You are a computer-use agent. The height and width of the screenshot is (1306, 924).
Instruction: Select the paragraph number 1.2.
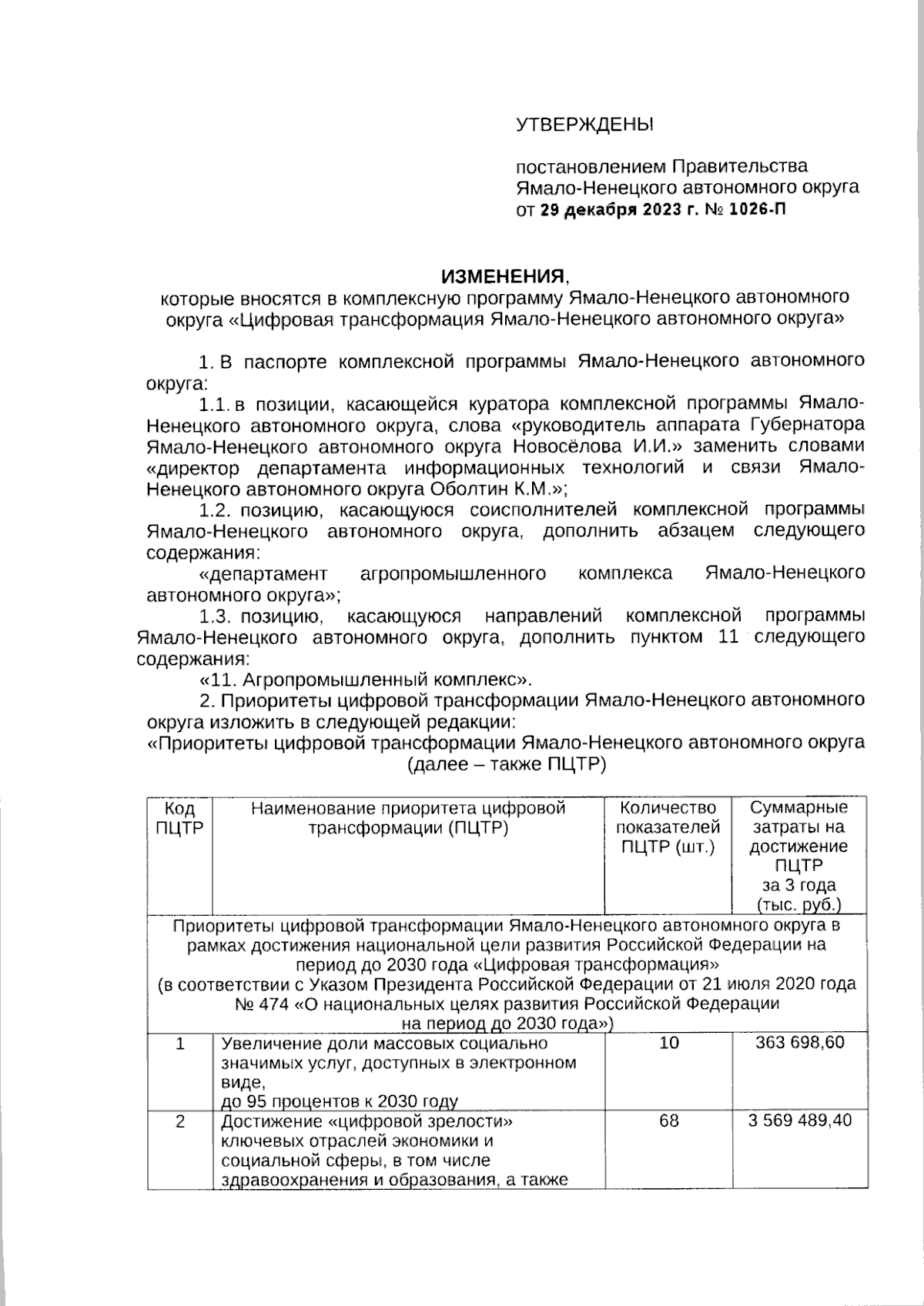coord(216,509)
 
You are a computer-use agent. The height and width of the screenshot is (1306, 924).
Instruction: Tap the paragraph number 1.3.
coord(216,616)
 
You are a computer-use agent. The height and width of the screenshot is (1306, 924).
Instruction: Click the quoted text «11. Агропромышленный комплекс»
coord(366,680)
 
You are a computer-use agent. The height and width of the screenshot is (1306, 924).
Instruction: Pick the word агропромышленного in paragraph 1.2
coord(453,573)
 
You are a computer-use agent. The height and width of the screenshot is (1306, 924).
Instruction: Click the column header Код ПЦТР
coord(179,818)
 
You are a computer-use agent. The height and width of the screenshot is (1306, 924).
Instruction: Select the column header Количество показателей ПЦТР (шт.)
coord(668,827)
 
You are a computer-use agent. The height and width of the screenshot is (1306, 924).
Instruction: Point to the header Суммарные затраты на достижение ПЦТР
coord(798,837)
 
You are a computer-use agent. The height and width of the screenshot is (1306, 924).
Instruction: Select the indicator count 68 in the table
coord(668,1121)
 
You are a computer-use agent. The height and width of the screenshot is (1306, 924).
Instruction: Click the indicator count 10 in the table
coord(668,1043)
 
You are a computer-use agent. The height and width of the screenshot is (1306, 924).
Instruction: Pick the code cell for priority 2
coord(179,1121)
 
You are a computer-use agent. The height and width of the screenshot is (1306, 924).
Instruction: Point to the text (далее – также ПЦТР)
coord(506,764)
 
